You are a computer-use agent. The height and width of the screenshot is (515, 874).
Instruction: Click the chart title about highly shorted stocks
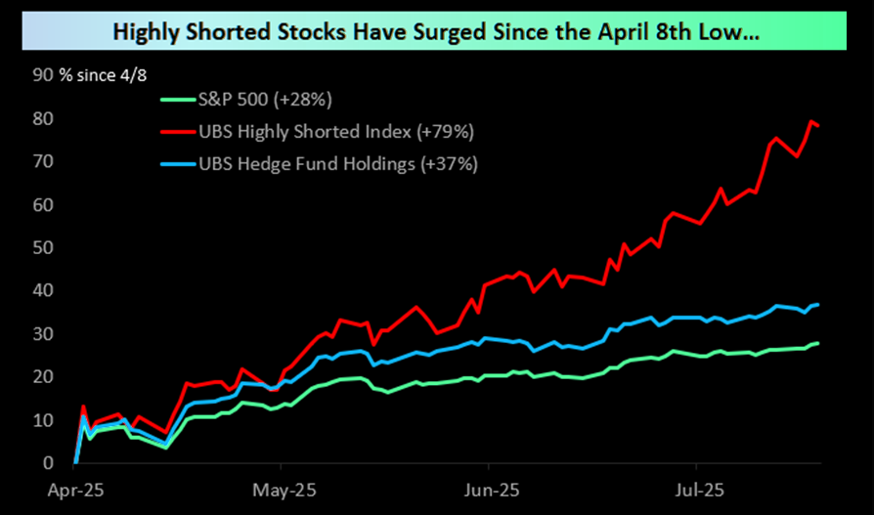point(436,31)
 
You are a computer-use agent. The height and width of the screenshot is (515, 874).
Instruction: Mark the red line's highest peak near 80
point(810,121)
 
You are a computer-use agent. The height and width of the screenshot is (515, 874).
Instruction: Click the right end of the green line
point(818,343)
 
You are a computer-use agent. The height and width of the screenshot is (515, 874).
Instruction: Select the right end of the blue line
point(818,305)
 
